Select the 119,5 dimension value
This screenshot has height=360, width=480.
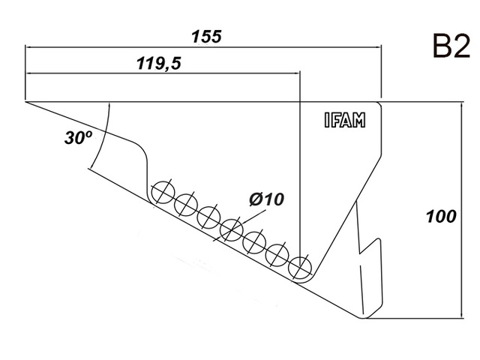pos(160,63)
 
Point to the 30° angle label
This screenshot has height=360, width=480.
pos(78,139)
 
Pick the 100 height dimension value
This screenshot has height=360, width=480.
pos(441,217)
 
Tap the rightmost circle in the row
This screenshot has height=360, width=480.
pos(300,266)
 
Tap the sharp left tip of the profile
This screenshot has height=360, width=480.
pos(26,101)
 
